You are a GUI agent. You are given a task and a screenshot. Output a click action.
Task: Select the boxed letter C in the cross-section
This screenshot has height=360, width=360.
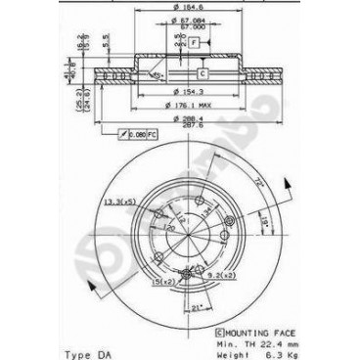202,74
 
